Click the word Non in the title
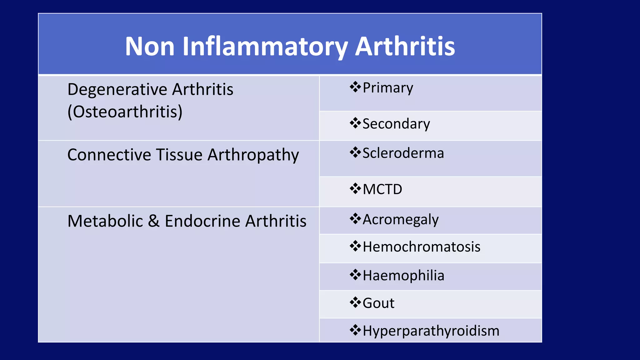pyautogui.click(x=150, y=47)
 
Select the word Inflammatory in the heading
pyautogui.click(x=265, y=47)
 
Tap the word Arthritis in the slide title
pyautogui.click(x=405, y=47)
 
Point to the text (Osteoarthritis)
pyautogui.click(x=125, y=112)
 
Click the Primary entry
pyautogui.click(x=388, y=88)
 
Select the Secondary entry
pyautogui.click(x=396, y=124)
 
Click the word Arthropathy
pyautogui.click(x=253, y=155)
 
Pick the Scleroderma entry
pyautogui.click(x=403, y=153)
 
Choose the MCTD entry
pyautogui.click(x=382, y=189)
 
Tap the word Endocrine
pyautogui.click(x=202, y=221)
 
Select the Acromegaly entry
pyautogui.click(x=401, y=220)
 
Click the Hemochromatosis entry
pyautogui.click(x=421, y=247)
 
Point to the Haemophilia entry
pyautogui.click(x=403, y=276)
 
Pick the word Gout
pyautogui.click(x=378, y=303)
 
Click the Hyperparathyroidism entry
pyautogui.click(x=431, y=331)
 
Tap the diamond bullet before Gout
pyautogui.click(x=355, y=302)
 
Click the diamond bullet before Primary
pyautogui.click(x=355, y=87)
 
